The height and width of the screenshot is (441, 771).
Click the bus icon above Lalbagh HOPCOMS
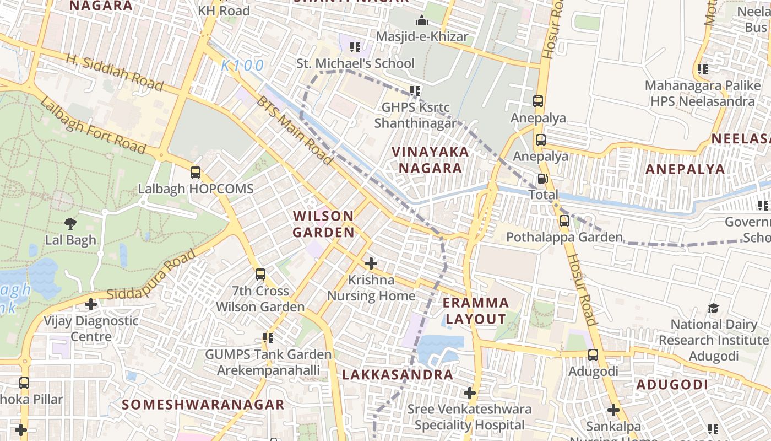point(196,173)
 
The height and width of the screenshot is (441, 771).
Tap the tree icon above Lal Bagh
point(70,224)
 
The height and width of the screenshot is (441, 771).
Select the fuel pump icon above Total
point(542,179)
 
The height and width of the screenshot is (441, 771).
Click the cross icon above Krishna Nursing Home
point(371,263)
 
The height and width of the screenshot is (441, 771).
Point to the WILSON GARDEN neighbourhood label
point(323,224)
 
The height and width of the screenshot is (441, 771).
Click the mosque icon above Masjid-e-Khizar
point(422,21)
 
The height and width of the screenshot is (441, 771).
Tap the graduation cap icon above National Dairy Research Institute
point(713,308)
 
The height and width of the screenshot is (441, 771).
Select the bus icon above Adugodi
point(593,355)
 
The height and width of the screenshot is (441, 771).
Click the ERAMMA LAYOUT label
point(476,310)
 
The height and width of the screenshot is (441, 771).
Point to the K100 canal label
point(242,66)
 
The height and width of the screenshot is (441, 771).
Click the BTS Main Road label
point(295,131)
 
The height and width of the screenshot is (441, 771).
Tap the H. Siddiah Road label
point(115,72)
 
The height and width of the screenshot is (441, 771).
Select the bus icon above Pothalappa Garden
point(564,221)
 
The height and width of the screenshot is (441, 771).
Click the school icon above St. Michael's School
point(355,47)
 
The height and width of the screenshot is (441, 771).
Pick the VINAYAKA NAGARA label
point(430,159)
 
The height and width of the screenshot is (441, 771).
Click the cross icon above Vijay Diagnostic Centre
point(91,304)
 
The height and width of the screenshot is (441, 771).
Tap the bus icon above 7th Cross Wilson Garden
point(260,274)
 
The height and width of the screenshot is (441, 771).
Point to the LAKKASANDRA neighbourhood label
point(397,375)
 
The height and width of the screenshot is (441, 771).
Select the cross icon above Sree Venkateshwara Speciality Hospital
point(469,393)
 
